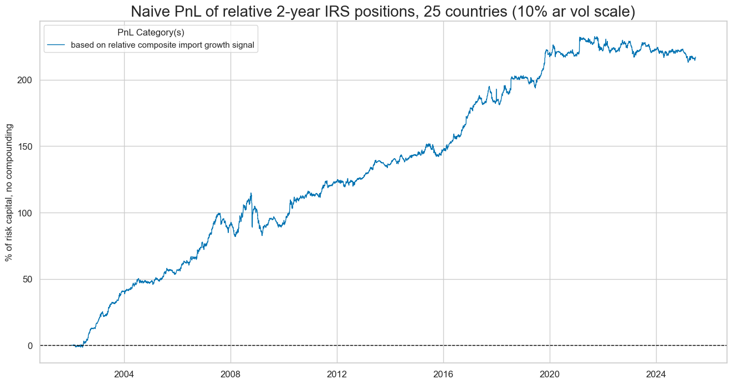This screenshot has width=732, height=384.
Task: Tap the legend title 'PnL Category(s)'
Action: (151, 33)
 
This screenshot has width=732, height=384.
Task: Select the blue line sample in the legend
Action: (57, 46)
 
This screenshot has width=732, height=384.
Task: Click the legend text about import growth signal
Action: (162, 46)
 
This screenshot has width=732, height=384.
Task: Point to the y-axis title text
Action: (9, 193)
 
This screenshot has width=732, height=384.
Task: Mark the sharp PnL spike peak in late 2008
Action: (251, 193)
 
